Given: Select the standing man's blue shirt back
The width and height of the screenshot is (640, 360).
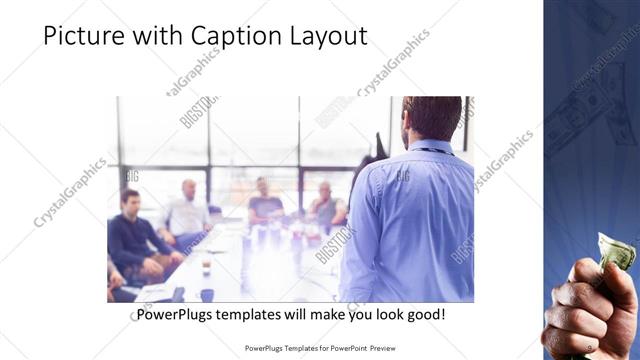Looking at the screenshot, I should coord(410,220).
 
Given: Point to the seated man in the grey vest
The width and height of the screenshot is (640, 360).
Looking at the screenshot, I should coord(326,204).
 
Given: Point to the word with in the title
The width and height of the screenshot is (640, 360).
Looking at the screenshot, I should coord(158,37).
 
